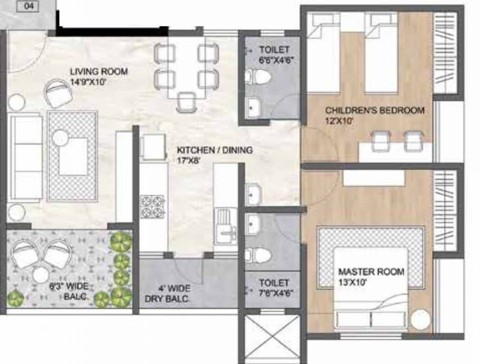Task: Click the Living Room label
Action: [98, 72]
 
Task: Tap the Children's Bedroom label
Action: [374, 110]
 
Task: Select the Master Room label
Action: [371, 272]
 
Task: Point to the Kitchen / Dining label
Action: [214, 150]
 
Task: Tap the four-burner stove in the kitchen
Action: [153, 206]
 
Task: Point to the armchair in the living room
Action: [58, 93]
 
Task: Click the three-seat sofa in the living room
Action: [26, 158]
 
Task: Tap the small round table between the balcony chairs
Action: [41, 274]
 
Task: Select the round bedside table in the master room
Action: [421, 320]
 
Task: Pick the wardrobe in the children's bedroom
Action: [444, 53]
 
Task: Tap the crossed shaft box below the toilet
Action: [272, 336]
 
